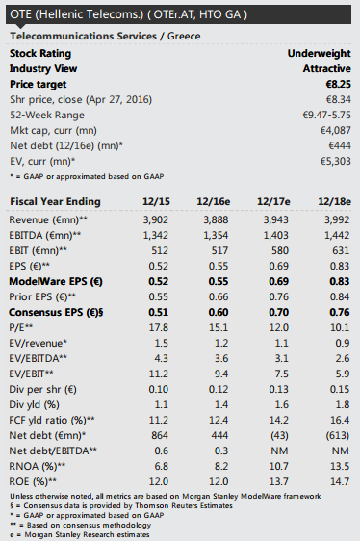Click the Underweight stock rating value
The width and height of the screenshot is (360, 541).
(319, 54)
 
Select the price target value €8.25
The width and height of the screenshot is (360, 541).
(338, 84)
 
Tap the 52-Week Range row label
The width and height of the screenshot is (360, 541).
(47, 115)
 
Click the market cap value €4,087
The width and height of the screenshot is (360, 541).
(336, 130)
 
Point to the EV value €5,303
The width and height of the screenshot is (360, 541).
(336, 161)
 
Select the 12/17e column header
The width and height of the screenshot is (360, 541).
(273, 201)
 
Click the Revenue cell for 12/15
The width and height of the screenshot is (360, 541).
(156, 219)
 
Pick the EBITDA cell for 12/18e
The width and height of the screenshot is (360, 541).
(337, 235)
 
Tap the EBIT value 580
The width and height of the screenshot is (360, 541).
(279, 250)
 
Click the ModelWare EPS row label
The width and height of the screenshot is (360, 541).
(56, 281)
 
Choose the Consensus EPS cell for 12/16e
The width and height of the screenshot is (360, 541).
(219, 312)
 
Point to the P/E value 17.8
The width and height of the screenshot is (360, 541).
(159, 327)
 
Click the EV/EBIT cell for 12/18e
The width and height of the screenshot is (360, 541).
(340, 374)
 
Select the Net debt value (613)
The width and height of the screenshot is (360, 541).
(338, 435)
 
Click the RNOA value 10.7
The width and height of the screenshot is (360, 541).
(278, 466)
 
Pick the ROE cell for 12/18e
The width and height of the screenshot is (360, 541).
(340, 481)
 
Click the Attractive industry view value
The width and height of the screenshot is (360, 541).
(327, 69)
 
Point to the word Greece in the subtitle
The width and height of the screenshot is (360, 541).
(184, 37)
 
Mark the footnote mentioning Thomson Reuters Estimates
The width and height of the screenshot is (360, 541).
(121, 505)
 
